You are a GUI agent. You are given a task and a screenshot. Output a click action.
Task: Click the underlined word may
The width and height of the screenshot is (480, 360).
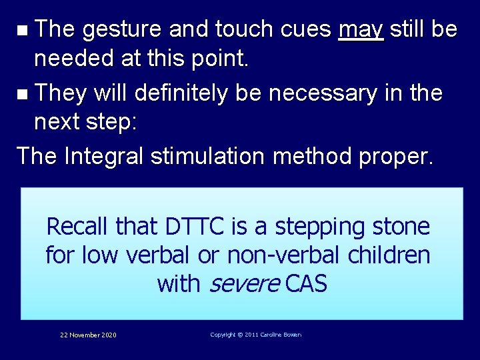tap(361, 30)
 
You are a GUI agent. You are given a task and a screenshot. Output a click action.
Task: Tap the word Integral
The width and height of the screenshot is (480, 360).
tap(105, 156)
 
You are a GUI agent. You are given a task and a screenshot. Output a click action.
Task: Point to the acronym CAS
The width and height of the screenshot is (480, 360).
tap(306, 284)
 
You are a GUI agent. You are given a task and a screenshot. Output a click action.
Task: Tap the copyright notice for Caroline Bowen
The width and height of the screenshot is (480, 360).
tap(255, 335)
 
